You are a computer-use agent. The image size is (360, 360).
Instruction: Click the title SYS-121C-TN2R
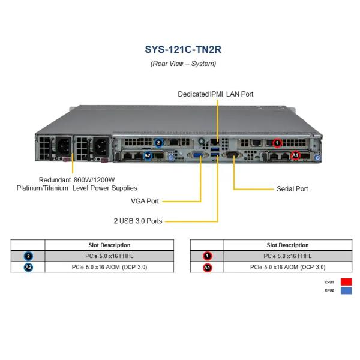179,49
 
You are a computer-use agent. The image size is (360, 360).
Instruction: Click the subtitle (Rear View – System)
179,64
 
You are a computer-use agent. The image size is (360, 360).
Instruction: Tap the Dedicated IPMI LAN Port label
215,94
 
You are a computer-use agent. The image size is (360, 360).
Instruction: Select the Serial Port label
292,189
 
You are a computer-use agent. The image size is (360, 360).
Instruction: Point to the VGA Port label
145,201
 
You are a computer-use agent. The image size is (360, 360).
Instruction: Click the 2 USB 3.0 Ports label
138,221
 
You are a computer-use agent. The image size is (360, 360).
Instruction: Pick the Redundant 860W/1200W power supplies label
77,184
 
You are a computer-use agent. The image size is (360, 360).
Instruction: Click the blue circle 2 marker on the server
158,143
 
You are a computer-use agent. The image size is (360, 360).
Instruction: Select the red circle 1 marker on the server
277,143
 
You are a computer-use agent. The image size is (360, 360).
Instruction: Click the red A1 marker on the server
295,155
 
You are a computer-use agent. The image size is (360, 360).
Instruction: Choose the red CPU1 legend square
346,281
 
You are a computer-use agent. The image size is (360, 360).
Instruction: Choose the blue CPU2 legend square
346,291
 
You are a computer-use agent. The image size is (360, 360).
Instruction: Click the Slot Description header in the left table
109,245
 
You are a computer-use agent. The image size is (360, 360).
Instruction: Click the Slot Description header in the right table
287,245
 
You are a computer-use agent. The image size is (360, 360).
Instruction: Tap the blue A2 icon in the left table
28,267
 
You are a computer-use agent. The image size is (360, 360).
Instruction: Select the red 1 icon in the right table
207,256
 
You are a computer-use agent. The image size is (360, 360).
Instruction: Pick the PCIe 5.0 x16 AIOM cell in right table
287,267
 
